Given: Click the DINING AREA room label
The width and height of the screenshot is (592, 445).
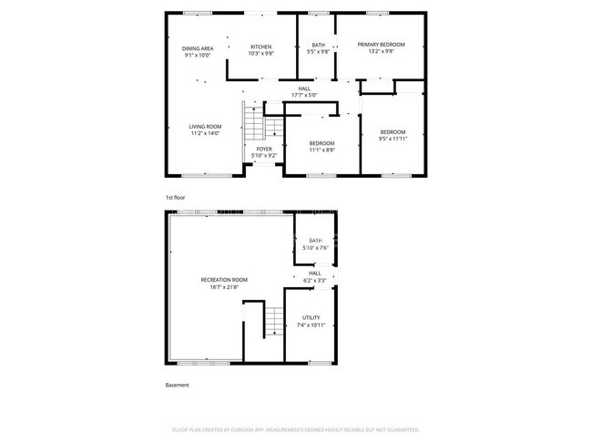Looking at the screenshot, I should click(198, 47).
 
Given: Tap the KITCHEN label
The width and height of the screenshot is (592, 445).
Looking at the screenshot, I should click(261, 47).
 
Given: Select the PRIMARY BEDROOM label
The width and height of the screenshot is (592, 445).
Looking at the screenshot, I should click(381, 45).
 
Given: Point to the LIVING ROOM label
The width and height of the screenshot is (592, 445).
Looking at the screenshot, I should click(205, 127).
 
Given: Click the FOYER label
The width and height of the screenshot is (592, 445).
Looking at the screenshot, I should click(263, 149).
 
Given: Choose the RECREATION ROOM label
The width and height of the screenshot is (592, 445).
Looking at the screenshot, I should click(224, 280).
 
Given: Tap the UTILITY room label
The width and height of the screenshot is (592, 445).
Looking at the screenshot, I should click(311, 317).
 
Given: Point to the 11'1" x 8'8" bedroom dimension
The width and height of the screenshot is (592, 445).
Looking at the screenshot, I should click(322, 150).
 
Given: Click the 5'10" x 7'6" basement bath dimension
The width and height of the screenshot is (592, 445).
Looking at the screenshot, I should click(315, 247).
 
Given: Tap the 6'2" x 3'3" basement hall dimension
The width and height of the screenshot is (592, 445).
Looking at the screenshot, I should click(315, 280).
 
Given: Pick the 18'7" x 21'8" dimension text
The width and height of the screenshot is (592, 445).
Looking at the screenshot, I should click(224, 287).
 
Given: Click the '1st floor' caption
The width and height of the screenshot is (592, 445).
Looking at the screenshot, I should click(175, 197).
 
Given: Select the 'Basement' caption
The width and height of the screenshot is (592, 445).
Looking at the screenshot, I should click(178, 385).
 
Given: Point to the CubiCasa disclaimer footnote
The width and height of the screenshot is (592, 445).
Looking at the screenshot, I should click(295, 429).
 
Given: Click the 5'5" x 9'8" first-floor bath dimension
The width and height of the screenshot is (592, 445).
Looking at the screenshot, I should click(319, 52).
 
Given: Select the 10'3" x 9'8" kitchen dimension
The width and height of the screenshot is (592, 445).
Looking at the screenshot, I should click(261, 54).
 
